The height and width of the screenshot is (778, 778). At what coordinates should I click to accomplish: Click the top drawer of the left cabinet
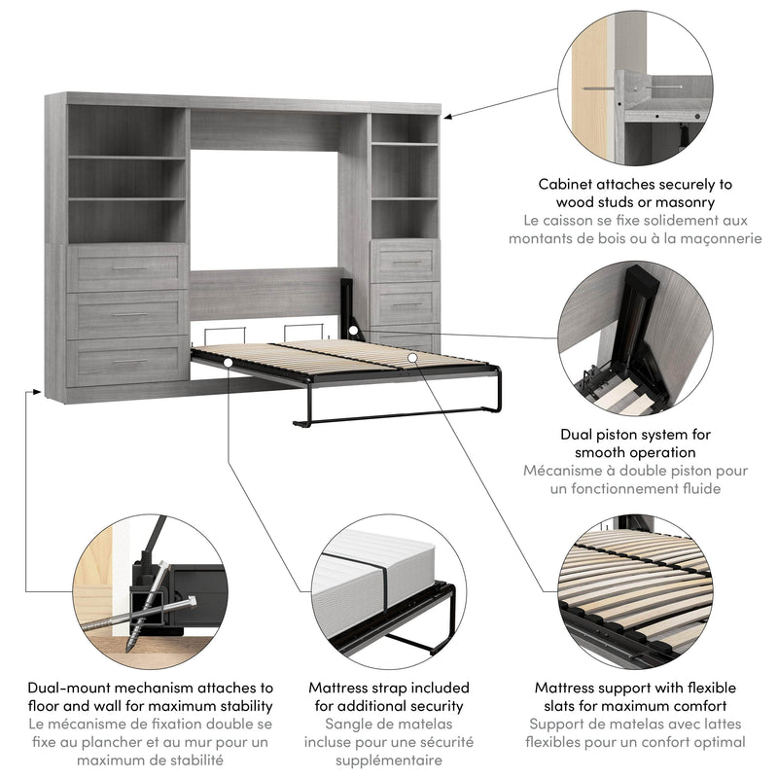point(127,267)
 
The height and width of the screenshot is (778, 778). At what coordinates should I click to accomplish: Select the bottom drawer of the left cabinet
point(127,361)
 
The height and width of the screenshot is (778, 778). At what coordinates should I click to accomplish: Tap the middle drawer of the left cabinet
point(127,314)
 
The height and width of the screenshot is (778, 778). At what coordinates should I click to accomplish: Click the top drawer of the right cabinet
point(406,261)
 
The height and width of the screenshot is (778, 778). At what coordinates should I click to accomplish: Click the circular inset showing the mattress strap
point(388,587)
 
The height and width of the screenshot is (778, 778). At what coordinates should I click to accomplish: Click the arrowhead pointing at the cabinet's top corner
point(449,116)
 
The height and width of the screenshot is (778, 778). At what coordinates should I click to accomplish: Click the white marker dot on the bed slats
point(413,358)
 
